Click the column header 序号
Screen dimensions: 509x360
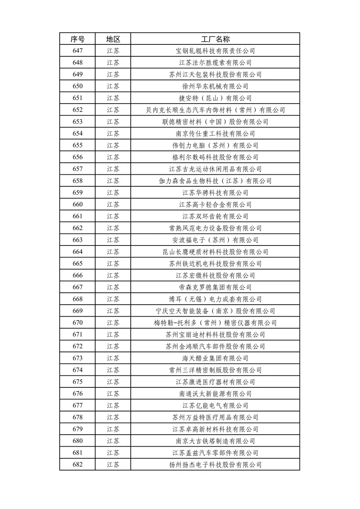(78, 39)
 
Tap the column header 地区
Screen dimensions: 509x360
(113, 39)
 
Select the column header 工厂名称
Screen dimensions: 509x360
(215, 39)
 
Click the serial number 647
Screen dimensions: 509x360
(78, 51)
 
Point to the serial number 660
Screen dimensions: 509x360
(78, 204)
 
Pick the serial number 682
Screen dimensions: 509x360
(78, 465)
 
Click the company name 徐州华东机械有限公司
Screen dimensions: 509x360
(215, 86)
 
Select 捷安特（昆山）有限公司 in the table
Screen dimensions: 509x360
(215, 98)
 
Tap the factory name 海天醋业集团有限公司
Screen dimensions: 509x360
(215, 358)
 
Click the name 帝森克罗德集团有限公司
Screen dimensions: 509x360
(215, 287)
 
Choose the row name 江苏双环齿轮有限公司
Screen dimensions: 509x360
(215, 216)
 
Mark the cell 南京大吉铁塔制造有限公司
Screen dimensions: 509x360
(215, 441)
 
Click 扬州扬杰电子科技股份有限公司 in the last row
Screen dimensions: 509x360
(215, 465)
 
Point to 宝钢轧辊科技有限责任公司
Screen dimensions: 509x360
(215, 51)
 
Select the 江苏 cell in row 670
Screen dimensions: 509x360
(113, 323)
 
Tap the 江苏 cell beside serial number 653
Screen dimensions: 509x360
(113, 122)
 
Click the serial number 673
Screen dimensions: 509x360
(78, 358)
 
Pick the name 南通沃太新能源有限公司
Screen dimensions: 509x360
(215, 394)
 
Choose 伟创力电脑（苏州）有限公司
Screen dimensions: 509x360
(215, 146)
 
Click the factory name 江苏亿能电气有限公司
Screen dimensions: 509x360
(215, 405)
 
